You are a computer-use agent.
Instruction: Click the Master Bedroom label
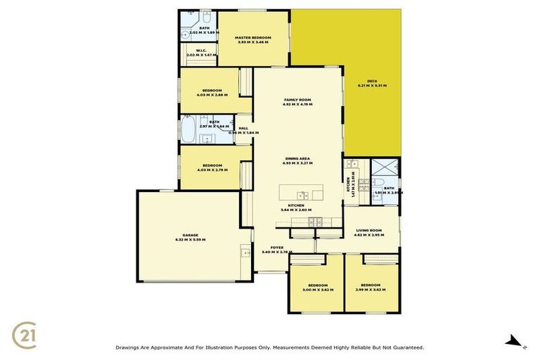pos(253,37)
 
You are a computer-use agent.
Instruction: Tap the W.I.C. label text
pos(200,51)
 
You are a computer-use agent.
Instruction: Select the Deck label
pos(372,80)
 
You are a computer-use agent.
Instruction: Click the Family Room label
pos(297,100)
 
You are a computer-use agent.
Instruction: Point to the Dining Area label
pos(297,159)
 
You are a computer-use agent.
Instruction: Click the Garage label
pos(191,235)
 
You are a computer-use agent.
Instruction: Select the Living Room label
pos(368,230)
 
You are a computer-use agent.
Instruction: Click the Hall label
pos(243,128)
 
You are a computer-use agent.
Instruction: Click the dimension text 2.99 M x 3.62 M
pos(372,290)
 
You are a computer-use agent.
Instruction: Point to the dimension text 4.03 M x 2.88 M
pos(212,95)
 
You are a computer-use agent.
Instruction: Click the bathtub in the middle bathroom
pos(188,129)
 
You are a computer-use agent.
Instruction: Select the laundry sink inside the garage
pos(245,252)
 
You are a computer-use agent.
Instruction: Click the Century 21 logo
pos(26,333)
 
